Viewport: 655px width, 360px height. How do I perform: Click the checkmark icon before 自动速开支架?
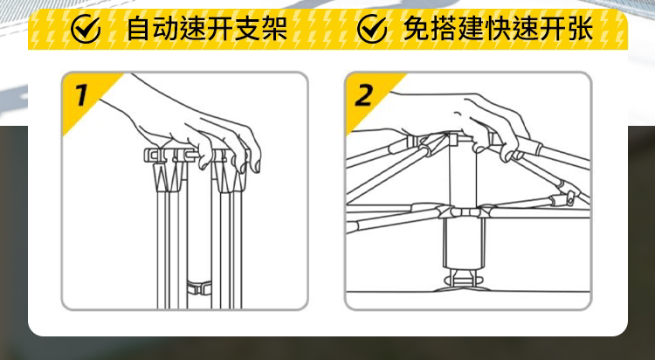pos(86,29)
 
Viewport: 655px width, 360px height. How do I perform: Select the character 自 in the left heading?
pos(138,29)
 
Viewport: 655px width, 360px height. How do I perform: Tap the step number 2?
pos(364,94)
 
